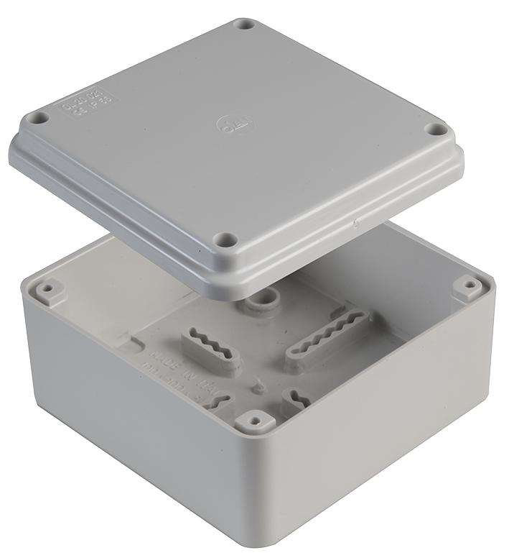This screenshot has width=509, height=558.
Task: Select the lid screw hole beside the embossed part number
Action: tap(41, 117)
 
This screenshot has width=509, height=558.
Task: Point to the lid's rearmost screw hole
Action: tap(244, 24)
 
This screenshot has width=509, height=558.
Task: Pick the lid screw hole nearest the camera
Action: tap(227, 239)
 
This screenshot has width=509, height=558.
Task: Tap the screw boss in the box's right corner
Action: tap(467, 286)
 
